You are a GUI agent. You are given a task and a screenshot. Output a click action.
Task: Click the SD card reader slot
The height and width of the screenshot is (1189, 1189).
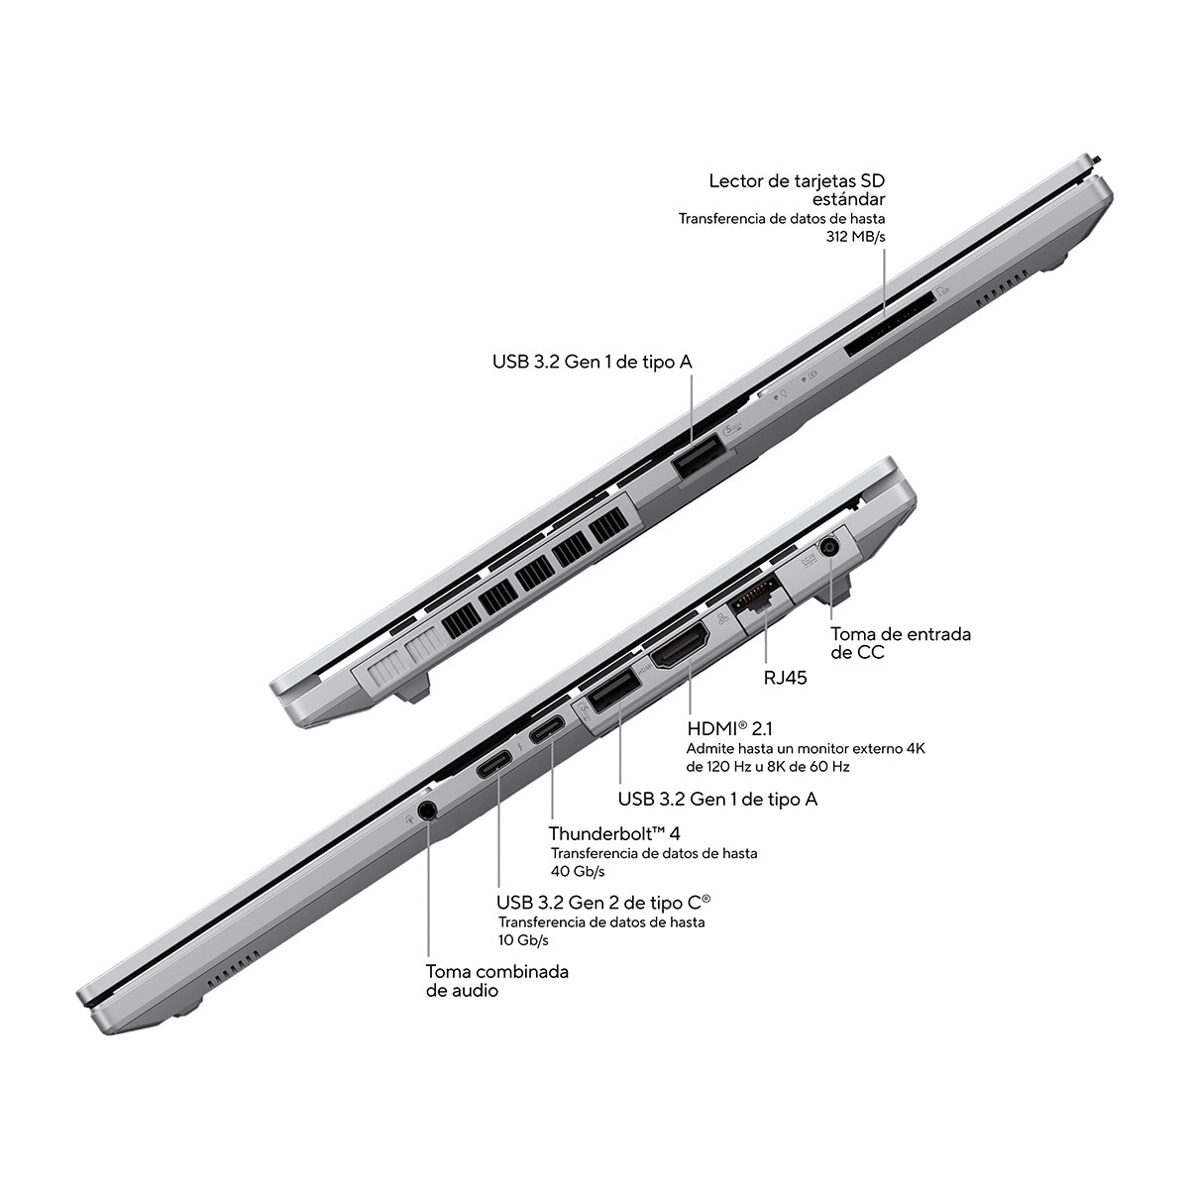click(891, 324)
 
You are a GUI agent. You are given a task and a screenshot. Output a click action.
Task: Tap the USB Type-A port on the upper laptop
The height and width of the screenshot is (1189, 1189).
click(698, 456)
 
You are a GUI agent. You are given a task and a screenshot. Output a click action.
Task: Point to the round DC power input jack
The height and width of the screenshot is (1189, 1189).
click(829, 547)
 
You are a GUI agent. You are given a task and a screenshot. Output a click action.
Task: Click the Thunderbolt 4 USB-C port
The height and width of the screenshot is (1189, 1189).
click(547, 730)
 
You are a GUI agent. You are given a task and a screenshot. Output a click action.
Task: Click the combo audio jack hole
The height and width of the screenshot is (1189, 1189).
click(428, 811)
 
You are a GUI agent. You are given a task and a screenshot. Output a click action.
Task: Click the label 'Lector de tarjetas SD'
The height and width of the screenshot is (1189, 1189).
click(797, 180)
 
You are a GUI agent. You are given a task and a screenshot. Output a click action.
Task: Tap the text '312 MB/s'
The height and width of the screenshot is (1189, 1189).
click(855, 237)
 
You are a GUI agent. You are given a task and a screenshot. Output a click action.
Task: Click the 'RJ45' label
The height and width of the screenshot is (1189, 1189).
click(785, 678)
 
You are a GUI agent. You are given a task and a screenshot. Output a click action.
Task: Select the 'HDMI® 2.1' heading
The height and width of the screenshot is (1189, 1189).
click(729, 728)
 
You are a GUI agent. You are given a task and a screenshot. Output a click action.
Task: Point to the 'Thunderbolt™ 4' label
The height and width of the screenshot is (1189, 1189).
click(614, 833)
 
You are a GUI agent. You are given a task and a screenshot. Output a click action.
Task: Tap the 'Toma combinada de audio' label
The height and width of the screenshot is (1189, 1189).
click(497, 981)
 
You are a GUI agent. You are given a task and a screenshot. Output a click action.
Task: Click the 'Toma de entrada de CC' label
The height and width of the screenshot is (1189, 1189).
click(901, 643)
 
